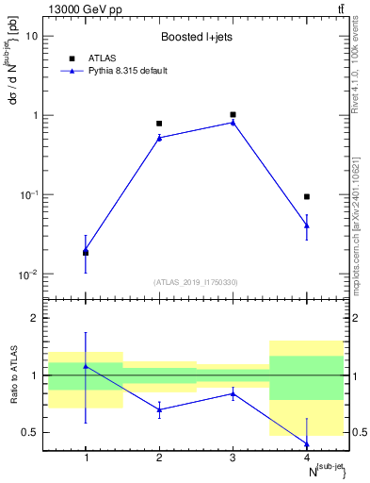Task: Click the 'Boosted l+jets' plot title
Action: (x=196, y=38)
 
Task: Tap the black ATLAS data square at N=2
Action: (x=159, y=124)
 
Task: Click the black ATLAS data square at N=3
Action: (x=233, y=115)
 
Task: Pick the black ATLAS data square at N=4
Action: (x=306, y=197)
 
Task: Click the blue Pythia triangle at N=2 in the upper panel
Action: (x=159, y=138)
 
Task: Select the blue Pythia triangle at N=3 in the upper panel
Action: (x=233, y=122)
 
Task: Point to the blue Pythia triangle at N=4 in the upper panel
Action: (x=306, y=225)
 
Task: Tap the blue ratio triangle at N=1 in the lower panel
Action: (x=86, y=366)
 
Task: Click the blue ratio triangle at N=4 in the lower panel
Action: (x=306, y=443)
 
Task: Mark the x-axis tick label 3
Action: (x=233, y=458)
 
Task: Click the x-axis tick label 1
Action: (x=86, y=458)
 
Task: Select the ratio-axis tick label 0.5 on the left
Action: (x=31, y=433)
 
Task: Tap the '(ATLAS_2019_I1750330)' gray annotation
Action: (x=196, y=282)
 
